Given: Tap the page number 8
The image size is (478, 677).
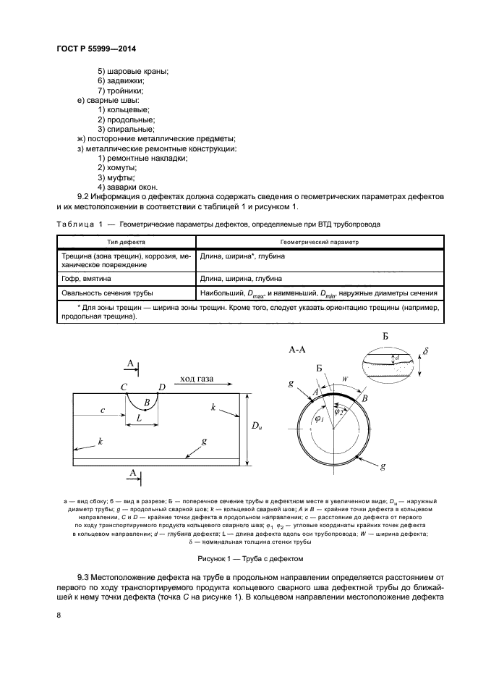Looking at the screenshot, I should (x=58, y=615).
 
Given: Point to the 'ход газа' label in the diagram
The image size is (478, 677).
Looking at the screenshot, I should (x=201, y=377).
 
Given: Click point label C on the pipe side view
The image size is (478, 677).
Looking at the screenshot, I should (x=124, y=387).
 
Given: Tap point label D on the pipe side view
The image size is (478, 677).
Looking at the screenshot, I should (x=162, y=387).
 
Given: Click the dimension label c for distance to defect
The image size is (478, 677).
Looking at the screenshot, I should (x=103, y=410).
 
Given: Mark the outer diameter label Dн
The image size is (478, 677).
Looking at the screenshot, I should (x=256, y=428).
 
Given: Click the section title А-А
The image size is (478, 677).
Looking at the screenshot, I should (x=298, y=350).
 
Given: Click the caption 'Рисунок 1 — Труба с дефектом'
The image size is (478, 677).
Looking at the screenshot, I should (x=249, y=559).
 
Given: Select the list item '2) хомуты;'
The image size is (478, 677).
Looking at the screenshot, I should (x=117, y=167).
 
